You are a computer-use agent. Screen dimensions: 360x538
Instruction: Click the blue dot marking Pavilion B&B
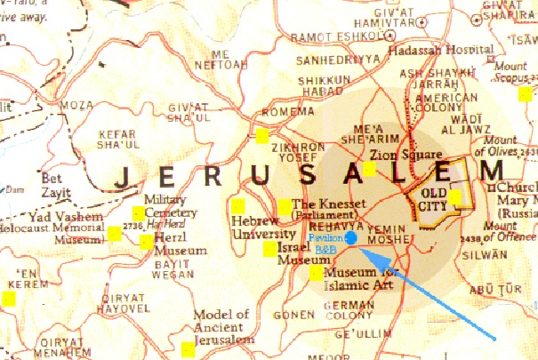pyautogui.click(x=351, y=238)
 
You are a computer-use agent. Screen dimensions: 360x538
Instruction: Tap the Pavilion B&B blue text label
pyautogui.click(x=325, y=244)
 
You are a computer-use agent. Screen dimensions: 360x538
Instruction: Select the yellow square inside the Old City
pyautogui.click(x=455, y=197)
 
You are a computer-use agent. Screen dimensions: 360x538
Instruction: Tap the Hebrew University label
pyautogui.click(x=255, y=227)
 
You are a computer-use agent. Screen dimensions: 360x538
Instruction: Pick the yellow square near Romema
pyautogui.click(x=261, y=136)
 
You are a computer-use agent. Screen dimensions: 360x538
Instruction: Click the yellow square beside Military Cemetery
pyautogui.click(x=138, y=212)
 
